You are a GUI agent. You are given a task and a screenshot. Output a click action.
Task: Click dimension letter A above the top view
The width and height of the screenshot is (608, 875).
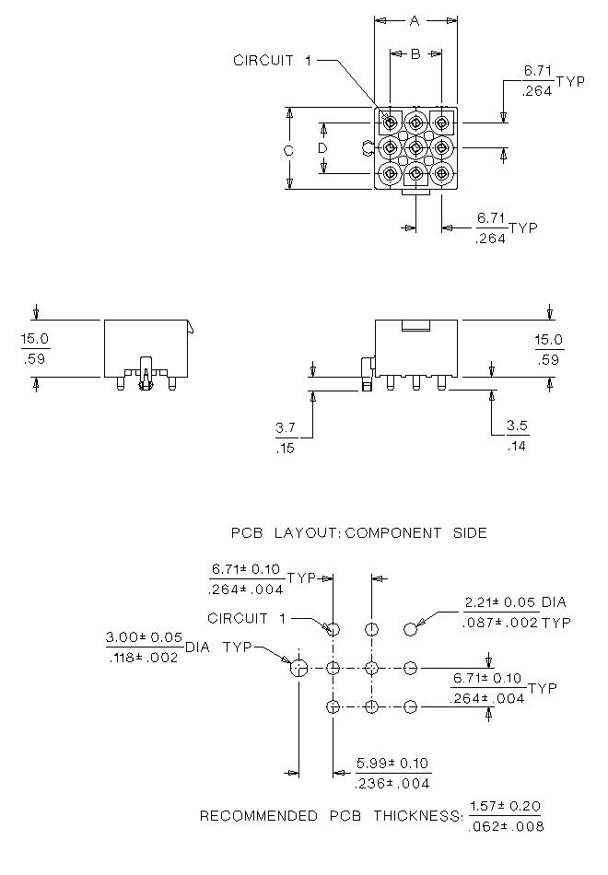click(415, 20)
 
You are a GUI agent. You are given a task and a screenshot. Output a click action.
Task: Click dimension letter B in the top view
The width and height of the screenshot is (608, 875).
click(415, 54)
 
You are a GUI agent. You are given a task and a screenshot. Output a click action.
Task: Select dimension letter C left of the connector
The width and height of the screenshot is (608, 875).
click(288, 149)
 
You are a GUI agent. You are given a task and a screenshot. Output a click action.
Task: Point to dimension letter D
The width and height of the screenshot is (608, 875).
click(323, 148)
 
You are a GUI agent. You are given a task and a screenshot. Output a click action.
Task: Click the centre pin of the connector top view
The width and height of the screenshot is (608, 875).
click(415, 147)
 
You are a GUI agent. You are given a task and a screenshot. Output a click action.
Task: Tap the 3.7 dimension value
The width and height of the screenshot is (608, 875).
click(286, 428)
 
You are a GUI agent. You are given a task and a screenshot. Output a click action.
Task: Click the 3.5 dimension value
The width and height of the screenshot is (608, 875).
click(518, 426)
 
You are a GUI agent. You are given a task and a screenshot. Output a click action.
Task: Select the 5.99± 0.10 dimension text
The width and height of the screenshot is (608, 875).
click(393, 764)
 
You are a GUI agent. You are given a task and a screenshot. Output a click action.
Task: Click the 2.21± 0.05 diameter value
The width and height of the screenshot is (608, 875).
click(499, 602)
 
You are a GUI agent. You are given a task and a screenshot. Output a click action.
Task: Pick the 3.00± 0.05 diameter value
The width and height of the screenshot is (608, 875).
click(144, 637)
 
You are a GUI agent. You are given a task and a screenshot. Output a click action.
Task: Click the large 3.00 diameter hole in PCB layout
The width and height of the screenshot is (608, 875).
click(298, 668)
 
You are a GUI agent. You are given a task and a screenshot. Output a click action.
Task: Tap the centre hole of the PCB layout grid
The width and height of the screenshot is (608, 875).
click(372, 668)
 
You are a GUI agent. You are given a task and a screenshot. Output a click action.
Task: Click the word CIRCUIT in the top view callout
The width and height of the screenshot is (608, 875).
click(263, 61)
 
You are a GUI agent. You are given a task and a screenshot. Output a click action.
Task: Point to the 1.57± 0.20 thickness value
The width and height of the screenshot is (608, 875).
click(505, 806)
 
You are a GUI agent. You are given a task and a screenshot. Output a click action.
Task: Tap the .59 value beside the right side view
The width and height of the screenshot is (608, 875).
click(549, 360)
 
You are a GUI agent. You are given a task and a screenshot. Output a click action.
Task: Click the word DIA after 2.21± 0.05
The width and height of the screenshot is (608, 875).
click(554, 602)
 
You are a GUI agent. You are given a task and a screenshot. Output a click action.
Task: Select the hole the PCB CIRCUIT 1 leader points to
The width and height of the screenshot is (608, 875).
click(333, 629)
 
